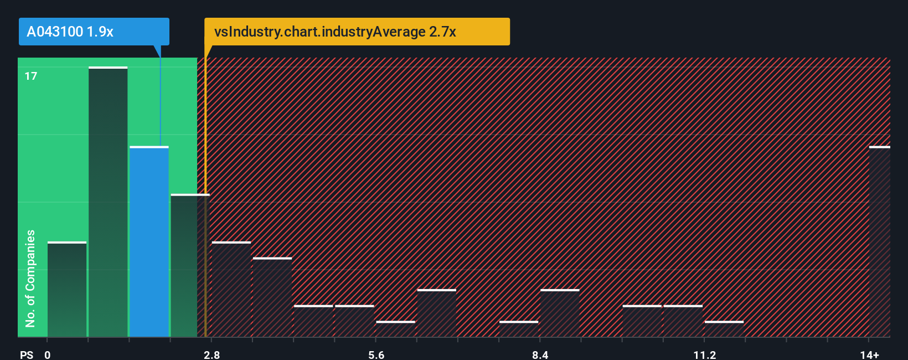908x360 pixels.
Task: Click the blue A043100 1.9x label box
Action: pyautogui.click(x=94, y=32)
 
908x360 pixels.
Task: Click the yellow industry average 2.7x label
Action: pyautogui.click(x=357, y=32)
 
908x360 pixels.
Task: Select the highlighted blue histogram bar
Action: pyautogui.click(x=149, y=241)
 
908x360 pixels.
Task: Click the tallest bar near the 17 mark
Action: pyautogui.click(x=108, y=202)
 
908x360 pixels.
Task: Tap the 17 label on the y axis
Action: pyautogui.click(x=31, y=76)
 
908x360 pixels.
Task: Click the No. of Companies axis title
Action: pyautogui.click(x=30, y=278)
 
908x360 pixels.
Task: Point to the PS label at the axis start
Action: pyautogui.click(x=27, y=354)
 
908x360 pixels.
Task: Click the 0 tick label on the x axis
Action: pyautogui.click(x=48, y=354)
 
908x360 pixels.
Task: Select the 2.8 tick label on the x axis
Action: pyautogui.click(x=211, y=354)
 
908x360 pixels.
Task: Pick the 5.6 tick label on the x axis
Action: pyautogui.click(x=376, y=354)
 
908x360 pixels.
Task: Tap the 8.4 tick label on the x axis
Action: pyautogui.click(x=540, y=354)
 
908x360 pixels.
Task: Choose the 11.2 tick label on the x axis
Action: pyautogui.click(x=704, y=354)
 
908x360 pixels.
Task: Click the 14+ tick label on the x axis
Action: pyautogui.click(x=869, y=354)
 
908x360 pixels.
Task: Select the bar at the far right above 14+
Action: pyautogui.click(x=879, y=241)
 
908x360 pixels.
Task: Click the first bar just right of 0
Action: pyautogui.click(x=67, y=289)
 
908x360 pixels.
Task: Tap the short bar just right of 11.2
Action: pyautogui.click(x=724, y=329)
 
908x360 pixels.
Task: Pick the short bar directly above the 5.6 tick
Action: pyautogui.click(x=395, y=329)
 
